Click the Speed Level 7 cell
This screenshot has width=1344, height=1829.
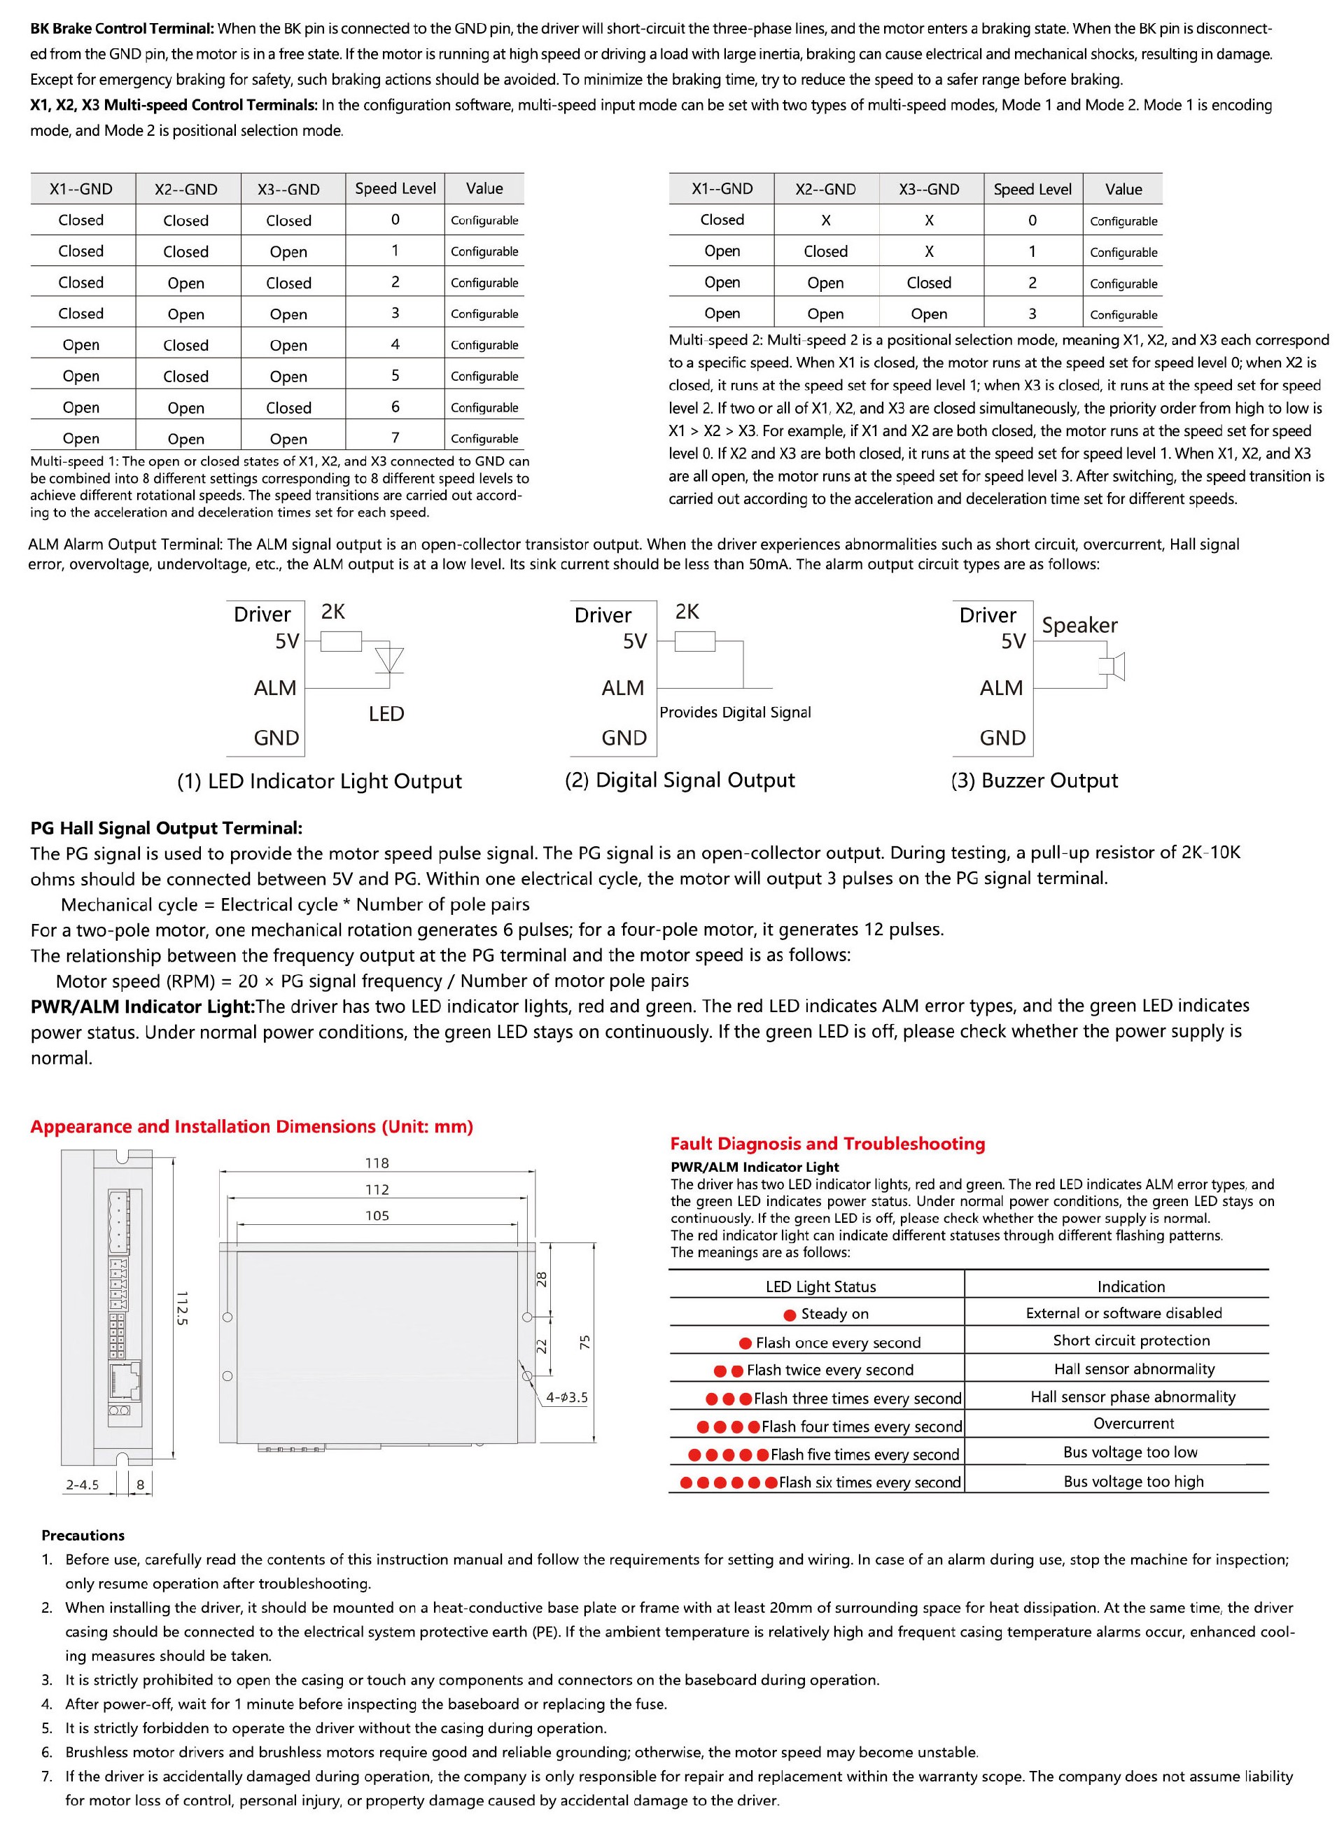point(395,437)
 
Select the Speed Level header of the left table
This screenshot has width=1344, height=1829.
point(395,189)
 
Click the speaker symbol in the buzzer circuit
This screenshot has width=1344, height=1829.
point(1112,666)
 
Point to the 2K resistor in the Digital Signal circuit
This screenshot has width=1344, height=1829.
point(695,642)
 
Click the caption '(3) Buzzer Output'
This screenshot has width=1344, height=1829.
point(1034,780)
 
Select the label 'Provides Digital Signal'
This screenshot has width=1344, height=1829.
point(734,712)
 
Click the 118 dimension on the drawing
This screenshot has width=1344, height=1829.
point(377,1163)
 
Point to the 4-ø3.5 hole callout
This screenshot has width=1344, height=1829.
point(566,1397)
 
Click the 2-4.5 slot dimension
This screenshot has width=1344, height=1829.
point(82,1485)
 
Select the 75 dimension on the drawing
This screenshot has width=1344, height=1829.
point(584,1343)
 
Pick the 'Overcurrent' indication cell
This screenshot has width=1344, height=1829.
point(1133,1424)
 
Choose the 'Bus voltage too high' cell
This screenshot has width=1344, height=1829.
point(1133,1482)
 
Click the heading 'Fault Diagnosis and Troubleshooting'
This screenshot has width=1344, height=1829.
point(827,1144)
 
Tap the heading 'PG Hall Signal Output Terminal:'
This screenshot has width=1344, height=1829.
point(166,828)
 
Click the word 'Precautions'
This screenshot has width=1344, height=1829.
point(83,1535)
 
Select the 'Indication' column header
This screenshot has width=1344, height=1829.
point(1130,1287)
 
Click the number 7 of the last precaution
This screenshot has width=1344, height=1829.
point(46,1776)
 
